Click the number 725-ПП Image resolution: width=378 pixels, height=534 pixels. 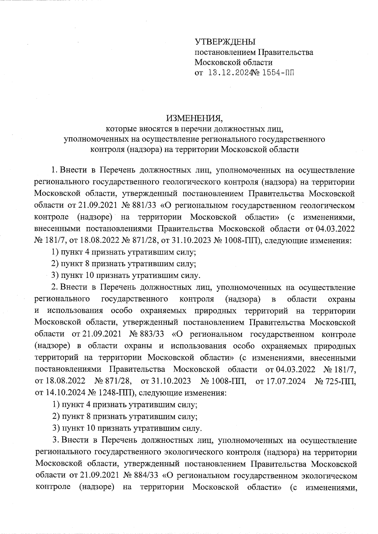(x=335, y=381)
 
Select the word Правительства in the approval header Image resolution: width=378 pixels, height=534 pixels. (x=286, y=52)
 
